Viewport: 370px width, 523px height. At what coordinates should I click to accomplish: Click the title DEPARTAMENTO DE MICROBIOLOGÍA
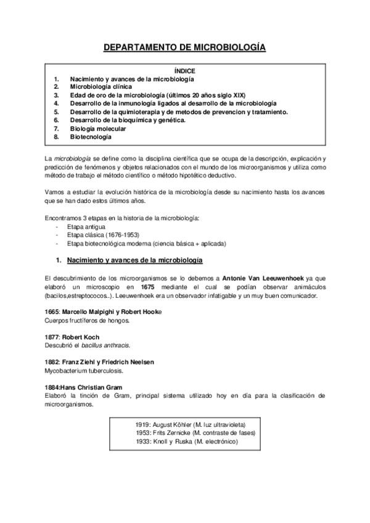click(184, 47)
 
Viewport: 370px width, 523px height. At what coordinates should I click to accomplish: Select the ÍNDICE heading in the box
click(184, 71)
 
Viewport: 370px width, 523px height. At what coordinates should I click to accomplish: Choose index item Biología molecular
click(97, 128)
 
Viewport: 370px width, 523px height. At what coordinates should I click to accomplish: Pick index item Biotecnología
click(91, 137)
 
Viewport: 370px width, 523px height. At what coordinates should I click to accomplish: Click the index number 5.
click(56, 112)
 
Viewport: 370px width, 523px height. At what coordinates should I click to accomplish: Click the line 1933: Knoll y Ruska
click(186, 442)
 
